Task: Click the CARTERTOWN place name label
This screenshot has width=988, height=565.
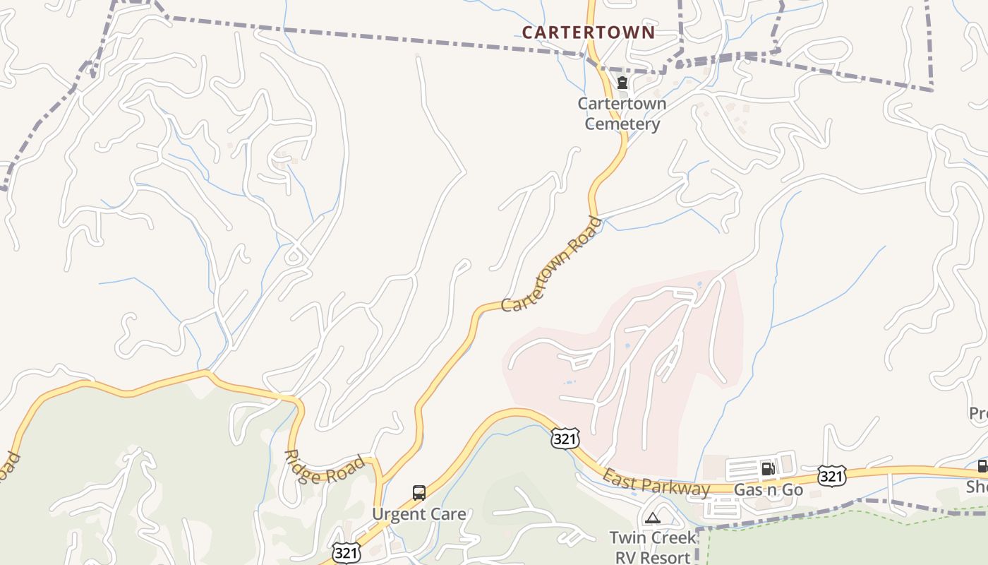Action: (589, 32)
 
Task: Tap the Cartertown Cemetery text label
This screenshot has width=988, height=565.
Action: (622, 114)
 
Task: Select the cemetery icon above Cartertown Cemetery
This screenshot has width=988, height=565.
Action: (622, 83)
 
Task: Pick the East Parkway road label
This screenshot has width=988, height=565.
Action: (656, 484)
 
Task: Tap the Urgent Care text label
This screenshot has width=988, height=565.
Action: (419, 513)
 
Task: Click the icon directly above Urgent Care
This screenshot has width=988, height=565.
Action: (419, 493)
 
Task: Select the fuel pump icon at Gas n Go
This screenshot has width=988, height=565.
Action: (768, 468)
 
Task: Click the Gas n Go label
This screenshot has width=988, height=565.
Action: (769, 489)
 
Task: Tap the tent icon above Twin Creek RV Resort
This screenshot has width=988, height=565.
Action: (652, 518)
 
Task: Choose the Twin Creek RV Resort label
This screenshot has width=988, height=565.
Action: (653, 547)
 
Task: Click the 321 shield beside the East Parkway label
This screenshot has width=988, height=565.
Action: (566, 438)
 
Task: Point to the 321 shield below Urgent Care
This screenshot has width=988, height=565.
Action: (346, 553)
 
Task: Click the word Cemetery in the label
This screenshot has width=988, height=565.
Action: (622, 124)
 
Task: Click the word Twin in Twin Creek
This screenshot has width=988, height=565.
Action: (626, 537)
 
